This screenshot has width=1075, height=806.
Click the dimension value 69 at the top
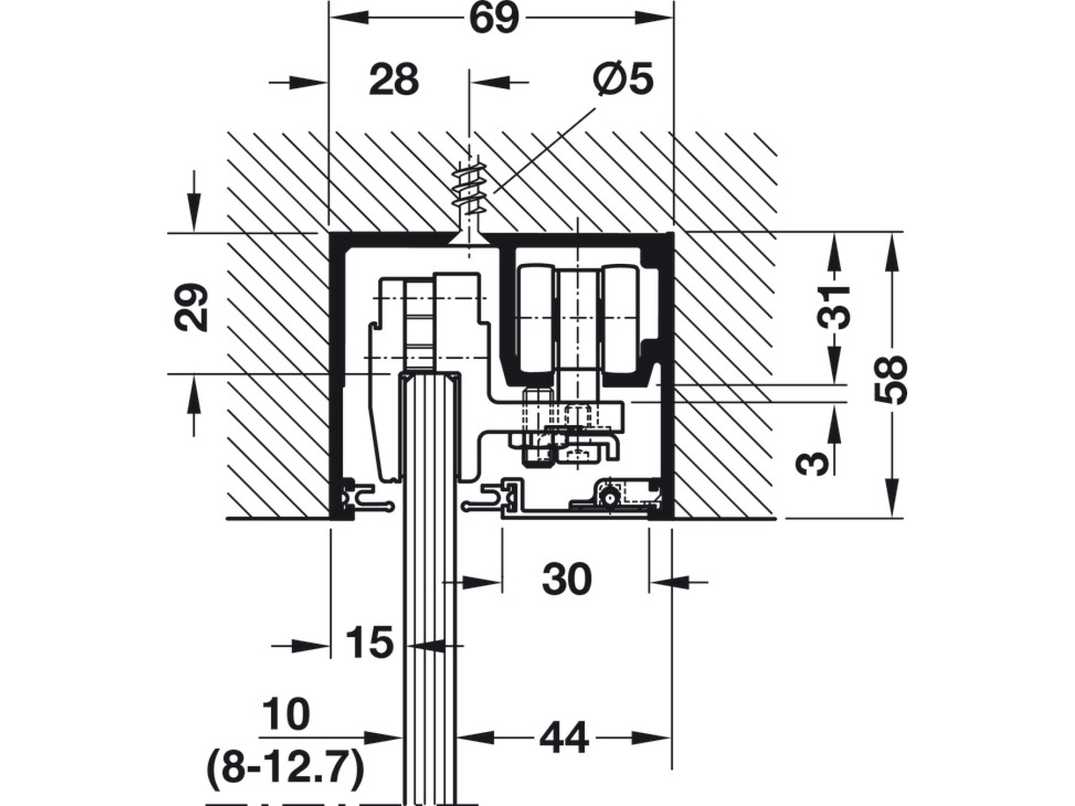494,19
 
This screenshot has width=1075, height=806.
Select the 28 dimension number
394,80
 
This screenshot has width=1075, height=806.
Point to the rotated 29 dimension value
192,307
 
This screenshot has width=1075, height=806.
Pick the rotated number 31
834,307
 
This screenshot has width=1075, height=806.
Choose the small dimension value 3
813,463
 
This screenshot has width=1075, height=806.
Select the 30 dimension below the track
567,579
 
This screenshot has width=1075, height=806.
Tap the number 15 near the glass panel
370,643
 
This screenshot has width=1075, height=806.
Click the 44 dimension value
564,739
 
